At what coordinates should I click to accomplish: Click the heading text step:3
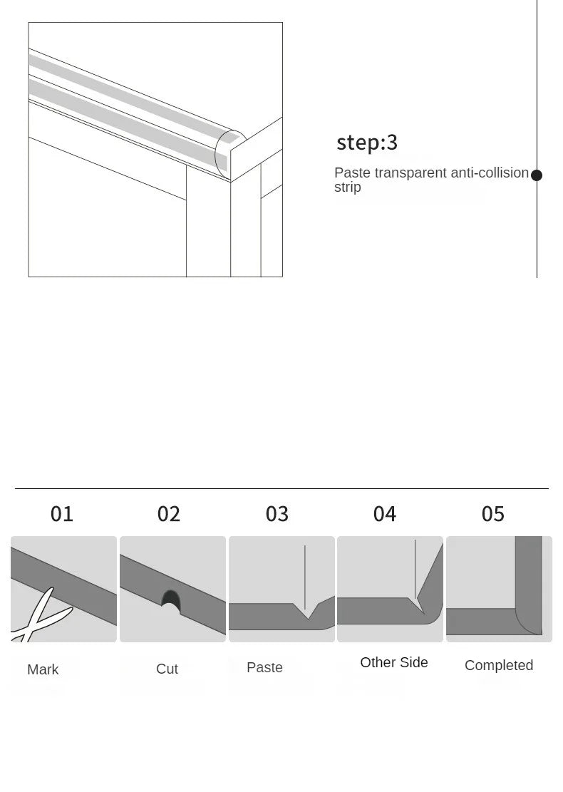(367, 143)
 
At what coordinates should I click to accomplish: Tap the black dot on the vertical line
(537, 175)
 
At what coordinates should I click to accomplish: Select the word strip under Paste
(348, 187)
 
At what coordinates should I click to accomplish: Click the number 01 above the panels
(62, 514)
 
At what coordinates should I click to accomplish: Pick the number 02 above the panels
(169, 514)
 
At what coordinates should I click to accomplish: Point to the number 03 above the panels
(277, 514)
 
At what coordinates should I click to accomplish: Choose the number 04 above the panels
(385, 514)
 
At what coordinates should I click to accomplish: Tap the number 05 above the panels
(493, 514)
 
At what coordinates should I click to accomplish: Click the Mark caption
(43, 669)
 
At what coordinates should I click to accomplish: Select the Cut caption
(167, 669)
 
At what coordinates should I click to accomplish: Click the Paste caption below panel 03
(264, 667)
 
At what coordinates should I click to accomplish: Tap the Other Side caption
(394, 662)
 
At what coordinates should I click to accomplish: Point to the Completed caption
(499, 665)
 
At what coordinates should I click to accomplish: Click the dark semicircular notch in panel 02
(170, 598)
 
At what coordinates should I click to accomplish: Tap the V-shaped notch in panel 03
(308, 612)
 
